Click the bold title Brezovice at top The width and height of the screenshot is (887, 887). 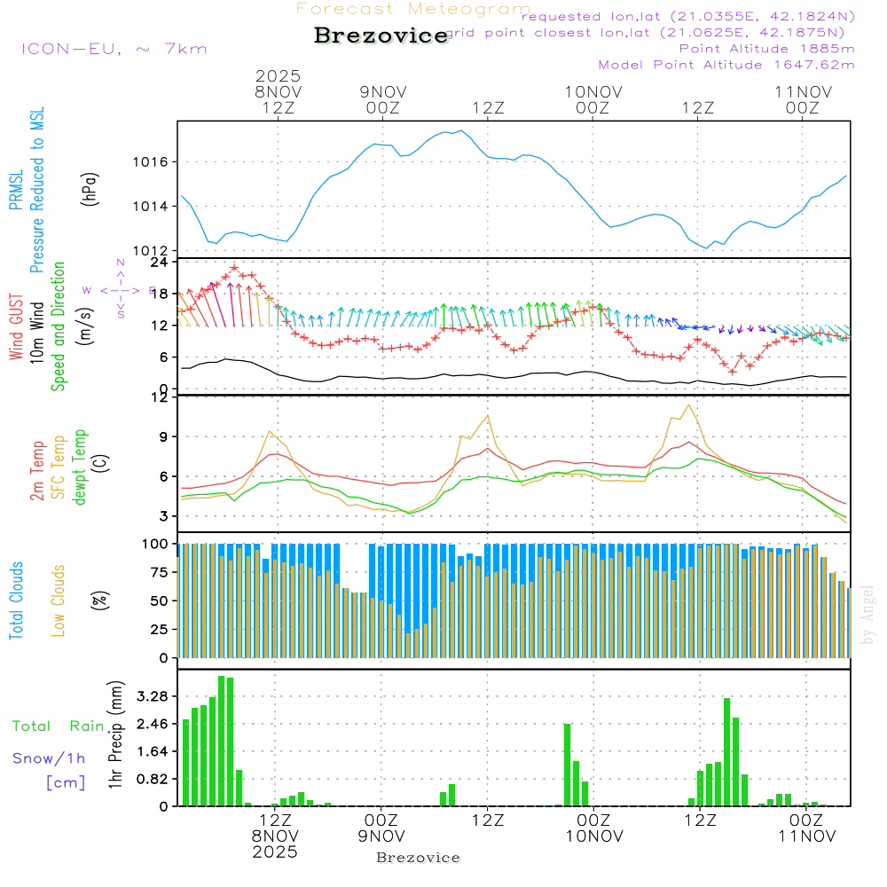[x=381, y=35]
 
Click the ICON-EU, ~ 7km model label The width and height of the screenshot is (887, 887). [x=114, y=49]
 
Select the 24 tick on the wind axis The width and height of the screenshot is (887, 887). [x=161, y=263]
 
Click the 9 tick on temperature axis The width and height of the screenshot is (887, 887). [x=164, y=436]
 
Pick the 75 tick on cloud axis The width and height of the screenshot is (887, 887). [x=158, y=572]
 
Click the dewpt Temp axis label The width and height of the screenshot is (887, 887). [x=81, y=467]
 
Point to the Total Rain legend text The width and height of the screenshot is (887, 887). [x=58, y=726]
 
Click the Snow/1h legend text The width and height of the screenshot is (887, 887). [x=49, y=758]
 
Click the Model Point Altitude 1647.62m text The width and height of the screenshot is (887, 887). [x=726, y=65]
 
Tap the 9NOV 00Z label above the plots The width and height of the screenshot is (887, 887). [x=382, y=99]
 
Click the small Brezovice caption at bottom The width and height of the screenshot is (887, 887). [x=419, y=858]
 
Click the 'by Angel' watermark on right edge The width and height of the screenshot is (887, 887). [x=868, y=613]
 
